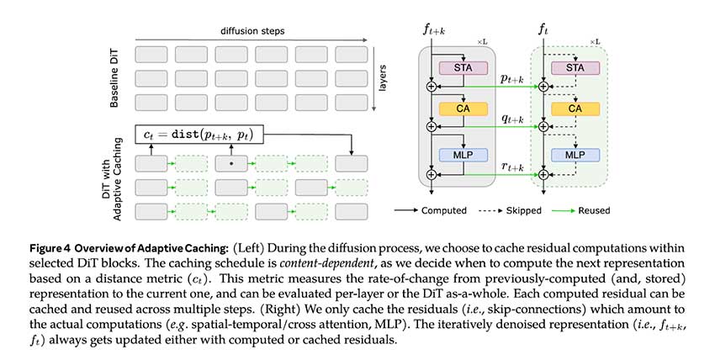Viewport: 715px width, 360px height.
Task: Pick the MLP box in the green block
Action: point(575,156)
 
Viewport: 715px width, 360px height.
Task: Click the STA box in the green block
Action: point(575,68)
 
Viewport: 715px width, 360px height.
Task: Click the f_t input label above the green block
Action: point(543,32)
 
